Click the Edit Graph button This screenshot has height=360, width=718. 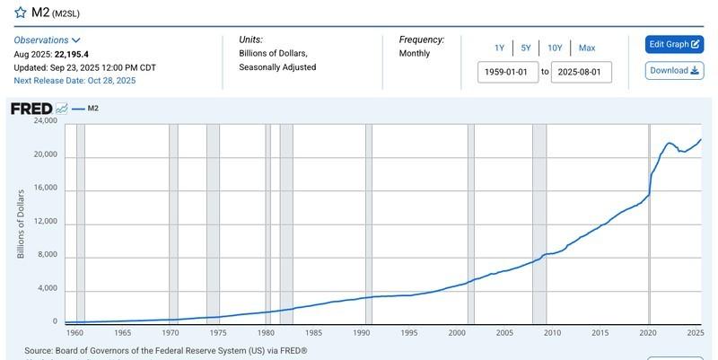click(x=673, y=44)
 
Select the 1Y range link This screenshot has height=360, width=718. click(x=499, y=48)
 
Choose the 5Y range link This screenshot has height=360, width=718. click(x=526, y=48)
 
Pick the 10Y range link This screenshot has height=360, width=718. click(x=555, y=48)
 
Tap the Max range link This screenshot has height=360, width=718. click(x=587, y=48)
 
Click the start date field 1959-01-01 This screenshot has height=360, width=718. click(x=508, y=72)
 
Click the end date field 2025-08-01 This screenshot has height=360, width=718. click(x=581, y=72)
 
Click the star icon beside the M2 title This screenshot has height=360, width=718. click(x=20, y=13)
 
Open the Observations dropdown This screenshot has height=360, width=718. click(x=48, y=40)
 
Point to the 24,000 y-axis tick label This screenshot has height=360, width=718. click(x=45, y=120)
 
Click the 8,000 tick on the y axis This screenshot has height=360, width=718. click(x=48, y=255)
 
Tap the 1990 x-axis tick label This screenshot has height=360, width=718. click(x=362, y=333)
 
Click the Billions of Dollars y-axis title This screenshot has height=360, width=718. click(x=21, y=224)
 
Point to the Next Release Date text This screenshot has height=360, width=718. click(x=73, y=81)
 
